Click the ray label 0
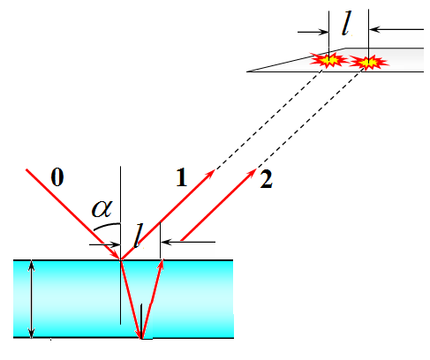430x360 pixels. (57, 177)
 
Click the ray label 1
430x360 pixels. (182, 177)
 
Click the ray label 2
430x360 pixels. (267, 179)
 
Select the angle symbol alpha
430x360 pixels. (102, 209)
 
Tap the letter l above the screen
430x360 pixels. (346, 23)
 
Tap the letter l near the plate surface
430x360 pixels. (139, 236)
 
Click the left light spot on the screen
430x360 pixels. (328, 60)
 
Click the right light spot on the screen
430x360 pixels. (368, 63)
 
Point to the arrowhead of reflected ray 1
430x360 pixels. (211, 173)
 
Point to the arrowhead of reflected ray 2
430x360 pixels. (253, 172)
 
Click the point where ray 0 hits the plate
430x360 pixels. (120, 260)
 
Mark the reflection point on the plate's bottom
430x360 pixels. (141, 338)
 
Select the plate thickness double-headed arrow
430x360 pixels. (32, 299)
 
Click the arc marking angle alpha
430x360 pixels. (107, 226)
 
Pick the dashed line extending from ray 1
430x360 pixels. (268, 120)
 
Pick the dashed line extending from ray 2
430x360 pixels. (310, 120)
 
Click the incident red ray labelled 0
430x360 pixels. (73, 214)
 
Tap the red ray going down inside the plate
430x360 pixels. (131, 299)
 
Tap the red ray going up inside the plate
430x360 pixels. (152, 299)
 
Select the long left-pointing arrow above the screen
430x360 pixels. (396, 29)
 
